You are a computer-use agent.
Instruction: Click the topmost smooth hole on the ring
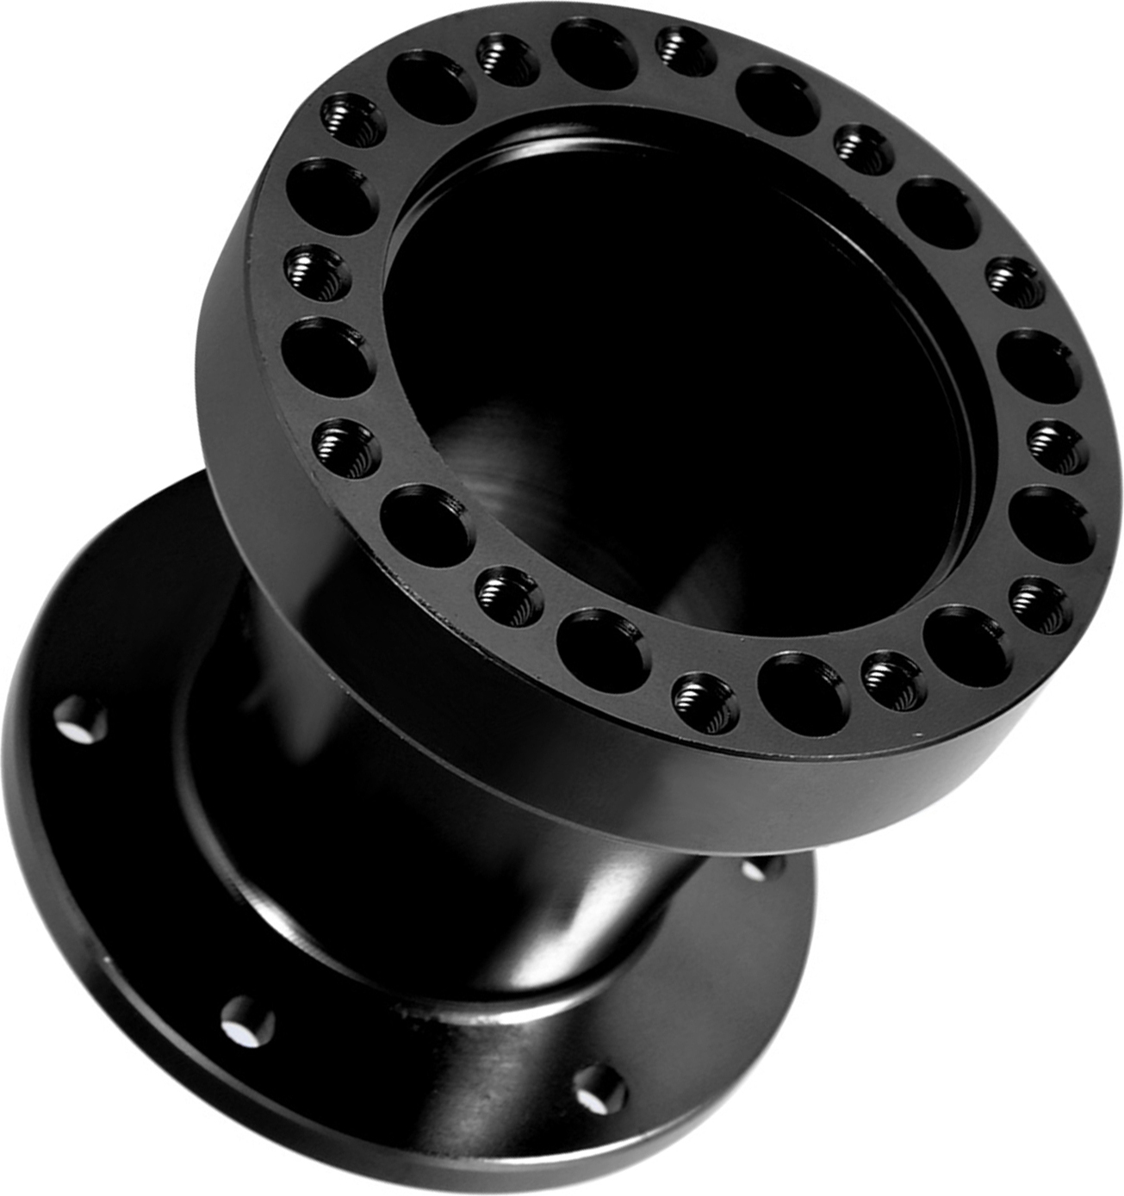point(594,53)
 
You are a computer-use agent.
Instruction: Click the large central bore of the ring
point(672,370)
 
